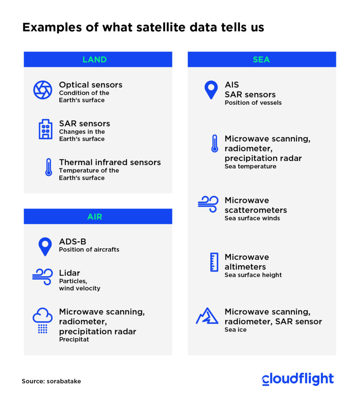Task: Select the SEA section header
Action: pyautogui.click(x=262, y=59)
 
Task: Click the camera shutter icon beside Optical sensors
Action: pyautogui.click(x=43, y=90)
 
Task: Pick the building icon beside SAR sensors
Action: pyautogui.click(x=46, y=129)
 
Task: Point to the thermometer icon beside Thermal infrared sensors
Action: pyautogui.click(x=49, y=167)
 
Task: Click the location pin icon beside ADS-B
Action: pyautogui.click(x=45, y=247)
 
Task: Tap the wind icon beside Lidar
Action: pyautogui.click(x=43, y=277)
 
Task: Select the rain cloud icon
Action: pyautogui.click(x=43, y=321)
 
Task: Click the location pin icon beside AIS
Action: pyautogui.click(x=211, y=90)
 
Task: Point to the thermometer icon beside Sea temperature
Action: pyautogui.click(x=215, y=143)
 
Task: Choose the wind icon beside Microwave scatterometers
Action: pyautogui.click(x=208, y=204)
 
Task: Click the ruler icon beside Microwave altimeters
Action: pyautogui.click(x=214, y=262)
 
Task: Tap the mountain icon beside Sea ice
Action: pyautogui.click(x=207, y=316)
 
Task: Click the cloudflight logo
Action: pyautogui.click(x=298, y=379)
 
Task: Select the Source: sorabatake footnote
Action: pyautogui.click(x=51, y=381)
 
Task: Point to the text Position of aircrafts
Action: pyautogui.click(x=89, y=250)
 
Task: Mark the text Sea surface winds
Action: pyautogui.click(x=252, y=218)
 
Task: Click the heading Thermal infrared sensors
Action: pyautogui.click(x=110, y=162)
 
